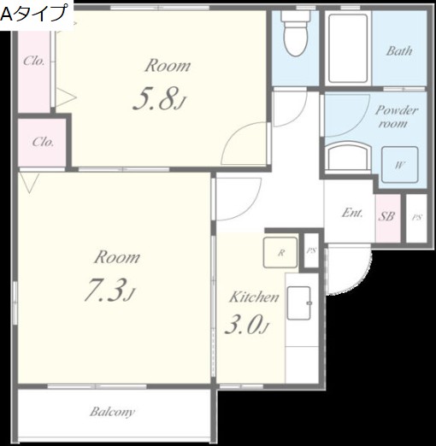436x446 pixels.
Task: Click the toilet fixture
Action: tap(296, 33)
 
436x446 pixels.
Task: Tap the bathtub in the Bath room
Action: tap(348, 49)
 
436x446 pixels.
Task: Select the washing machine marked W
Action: tap(400, 165)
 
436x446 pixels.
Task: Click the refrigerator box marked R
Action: tap(280, 252)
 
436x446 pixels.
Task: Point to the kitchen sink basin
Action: tap(299, 303)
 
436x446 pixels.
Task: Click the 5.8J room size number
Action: tap(159, 98)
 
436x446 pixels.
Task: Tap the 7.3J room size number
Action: tap(109, 290)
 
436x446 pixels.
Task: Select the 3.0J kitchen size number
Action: tap(246, 324)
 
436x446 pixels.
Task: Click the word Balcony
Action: tap(112, 412)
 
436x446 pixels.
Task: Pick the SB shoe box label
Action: tap(386, 216)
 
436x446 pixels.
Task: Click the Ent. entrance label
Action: tap(352, 213)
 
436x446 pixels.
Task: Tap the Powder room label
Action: tap(396, 117)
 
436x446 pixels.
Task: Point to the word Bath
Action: tap(399, 51)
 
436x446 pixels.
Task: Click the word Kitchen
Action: tap(254, 297)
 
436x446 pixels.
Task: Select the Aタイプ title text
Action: tap(33, 14)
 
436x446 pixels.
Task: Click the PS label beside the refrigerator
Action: tap(311, 251)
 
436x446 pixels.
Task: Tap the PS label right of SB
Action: tap(416, 218)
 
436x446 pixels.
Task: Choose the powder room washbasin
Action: tap(348, 157)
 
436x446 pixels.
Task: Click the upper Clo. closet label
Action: tap(34, 61)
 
